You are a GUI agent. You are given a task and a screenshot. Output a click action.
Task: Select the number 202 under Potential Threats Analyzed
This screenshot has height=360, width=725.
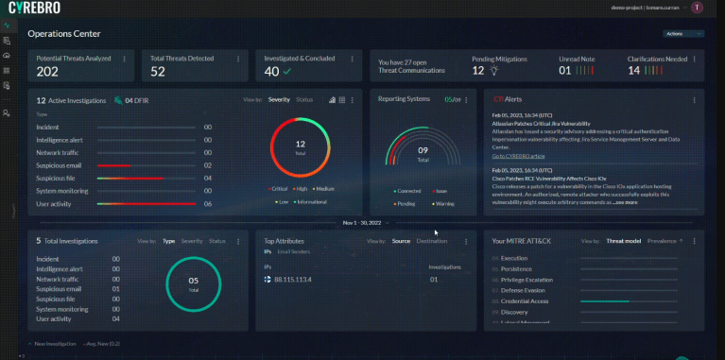click(47, 72)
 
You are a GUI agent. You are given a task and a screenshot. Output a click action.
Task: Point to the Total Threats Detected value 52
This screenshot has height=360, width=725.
click(158, 72)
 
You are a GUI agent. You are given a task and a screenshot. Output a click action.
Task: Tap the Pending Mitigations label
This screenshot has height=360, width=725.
click(500, 59)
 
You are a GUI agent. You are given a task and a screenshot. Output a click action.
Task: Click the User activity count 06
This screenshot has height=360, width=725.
click(207, 203)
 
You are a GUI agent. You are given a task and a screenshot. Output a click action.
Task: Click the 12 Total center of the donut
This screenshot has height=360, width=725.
click(301, 148)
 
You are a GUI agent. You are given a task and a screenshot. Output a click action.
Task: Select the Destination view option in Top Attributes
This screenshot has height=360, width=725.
click(432, 241)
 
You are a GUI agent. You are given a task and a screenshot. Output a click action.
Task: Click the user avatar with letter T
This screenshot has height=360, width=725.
click(697, 7)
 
